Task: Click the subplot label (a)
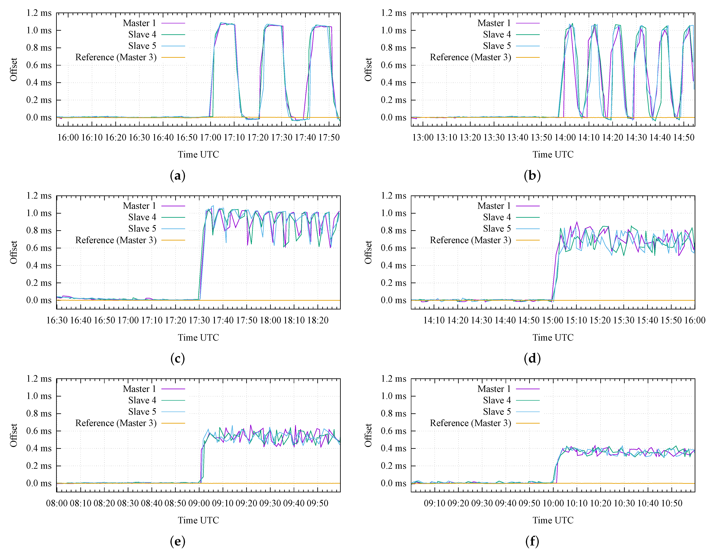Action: pyautogui.click(x=178, y=176)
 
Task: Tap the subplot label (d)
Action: pyautogui.click(x=532, y=359)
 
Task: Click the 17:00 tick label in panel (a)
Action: pyautogui.click(x=210, y=137)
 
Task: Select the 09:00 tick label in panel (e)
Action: pyautogui.click(x=199, y=503)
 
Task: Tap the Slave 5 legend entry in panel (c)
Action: pyautogui.click(x=142, y=229)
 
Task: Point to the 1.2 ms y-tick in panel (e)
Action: pyautogui.click(x=39, y=379)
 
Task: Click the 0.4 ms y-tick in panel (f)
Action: pyautogui.click(x=393, y=448)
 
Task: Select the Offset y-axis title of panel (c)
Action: pyautogui.click(x=13, y=252)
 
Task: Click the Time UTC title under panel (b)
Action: pyautogui.click(x=553, y=154)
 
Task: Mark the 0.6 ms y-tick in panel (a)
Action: pyautogui.click(x=39, y=65)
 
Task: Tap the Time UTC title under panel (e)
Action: pyautogui.click(x=198, y=520)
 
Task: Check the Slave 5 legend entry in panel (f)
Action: pyautogui.click(x=497, y=412)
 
